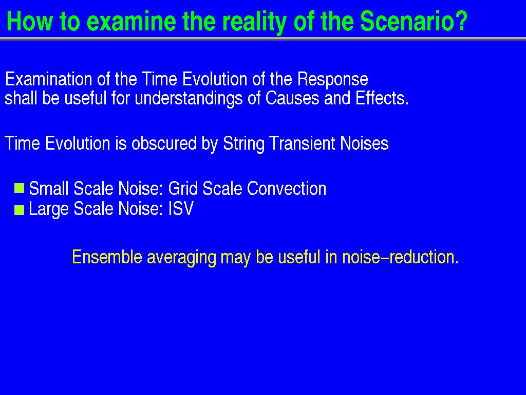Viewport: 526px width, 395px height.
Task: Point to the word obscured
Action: [x=164, y=143]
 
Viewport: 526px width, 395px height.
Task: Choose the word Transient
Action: [x=302, y=143]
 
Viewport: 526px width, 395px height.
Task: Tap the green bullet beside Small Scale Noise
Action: [x=20, y=188]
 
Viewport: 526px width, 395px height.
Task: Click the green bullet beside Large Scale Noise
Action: [x=20, y=210]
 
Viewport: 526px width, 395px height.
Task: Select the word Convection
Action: [x=287, y=188]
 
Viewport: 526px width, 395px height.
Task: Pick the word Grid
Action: [x=183, y=188]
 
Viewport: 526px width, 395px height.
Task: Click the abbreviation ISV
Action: [x=181, y=209]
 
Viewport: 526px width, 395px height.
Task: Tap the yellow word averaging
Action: [x=181, y=258]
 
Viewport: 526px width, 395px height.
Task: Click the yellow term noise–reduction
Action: [x=400, y=257]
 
